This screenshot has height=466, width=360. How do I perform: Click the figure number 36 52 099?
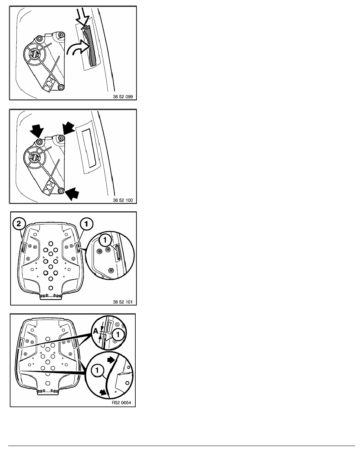click(x=123, y=96)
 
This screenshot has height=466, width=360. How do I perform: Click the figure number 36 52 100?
click(x=123, y=200)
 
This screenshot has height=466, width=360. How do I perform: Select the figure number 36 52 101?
click(x=123, y=302)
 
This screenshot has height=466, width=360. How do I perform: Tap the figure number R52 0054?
click(x=121, y=403)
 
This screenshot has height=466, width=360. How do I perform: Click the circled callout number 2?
click(x=19, y=224)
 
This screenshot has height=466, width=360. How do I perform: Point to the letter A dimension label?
click(x=95, y=331)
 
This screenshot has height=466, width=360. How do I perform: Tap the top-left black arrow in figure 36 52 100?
click(x=36, y=131)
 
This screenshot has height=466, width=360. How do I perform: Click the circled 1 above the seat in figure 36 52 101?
click(x=87, y=224)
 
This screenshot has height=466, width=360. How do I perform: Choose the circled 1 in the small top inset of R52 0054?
click(x=118, y=334)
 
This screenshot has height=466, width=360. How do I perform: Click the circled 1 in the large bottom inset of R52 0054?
click(x=97, y=370)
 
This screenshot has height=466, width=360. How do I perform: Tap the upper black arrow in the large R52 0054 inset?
click(x=111, y=360)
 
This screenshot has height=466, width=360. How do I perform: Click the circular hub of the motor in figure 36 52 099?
click(x=35, y=55)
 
